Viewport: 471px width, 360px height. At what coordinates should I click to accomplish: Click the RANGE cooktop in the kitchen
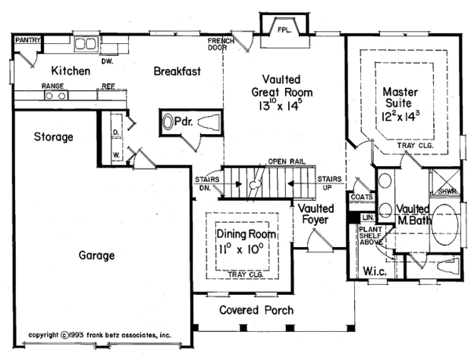(x=56, y=96)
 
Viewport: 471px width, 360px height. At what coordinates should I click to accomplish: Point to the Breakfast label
(x=177, y=71)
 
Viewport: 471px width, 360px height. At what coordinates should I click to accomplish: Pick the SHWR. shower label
(x=445, y=191)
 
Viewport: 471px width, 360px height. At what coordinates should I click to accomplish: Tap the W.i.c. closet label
(x=374, y=272)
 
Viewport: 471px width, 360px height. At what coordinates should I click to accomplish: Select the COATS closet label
(x=363, y=198)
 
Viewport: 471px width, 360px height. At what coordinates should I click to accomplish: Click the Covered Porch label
(x=256, y=311)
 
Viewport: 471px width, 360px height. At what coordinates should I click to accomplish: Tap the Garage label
(x=97, y=256)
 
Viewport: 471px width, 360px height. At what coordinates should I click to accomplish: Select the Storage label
(x=53, y=137)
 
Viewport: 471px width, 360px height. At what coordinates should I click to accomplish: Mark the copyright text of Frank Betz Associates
(x=99, y=333)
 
